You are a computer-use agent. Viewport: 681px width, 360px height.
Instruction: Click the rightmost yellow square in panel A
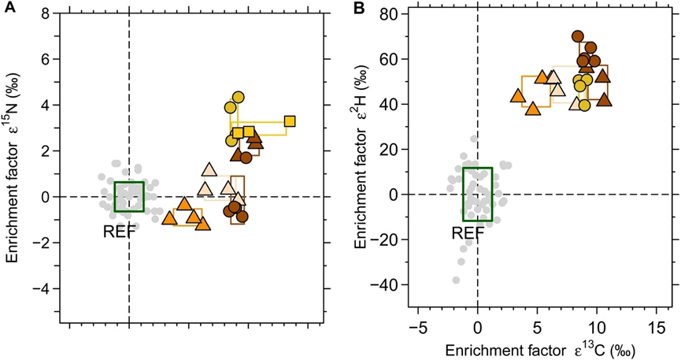[290, 121]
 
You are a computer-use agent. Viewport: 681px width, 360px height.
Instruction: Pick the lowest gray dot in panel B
[456, 280]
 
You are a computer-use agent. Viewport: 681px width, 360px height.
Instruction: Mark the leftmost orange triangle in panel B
[518, 96]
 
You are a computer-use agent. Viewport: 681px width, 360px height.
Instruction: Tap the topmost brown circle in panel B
[578, 36]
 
